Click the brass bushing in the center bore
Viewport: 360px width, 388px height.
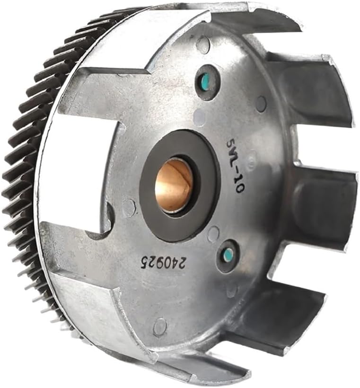(x=174, y=185)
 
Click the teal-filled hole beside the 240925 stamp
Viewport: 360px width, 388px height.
(x=228, y=255)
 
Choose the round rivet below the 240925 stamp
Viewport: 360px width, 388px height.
(x=160, y=326)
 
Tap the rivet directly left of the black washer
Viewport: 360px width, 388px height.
(x=129, y=207)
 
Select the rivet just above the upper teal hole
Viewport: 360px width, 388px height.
(x=203, y=45)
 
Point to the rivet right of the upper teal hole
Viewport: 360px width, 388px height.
(x=261, y=104)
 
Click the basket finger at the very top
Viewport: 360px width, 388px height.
(x=255, y=19)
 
